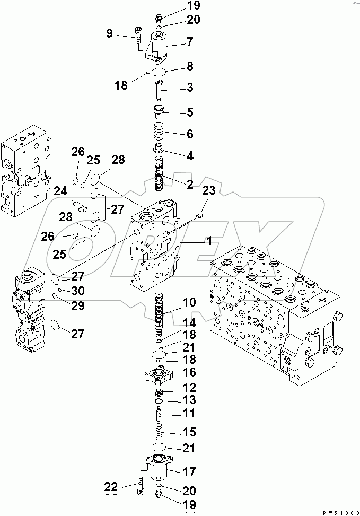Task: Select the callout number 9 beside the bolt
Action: (109, 34)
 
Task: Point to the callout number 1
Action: (209, 241)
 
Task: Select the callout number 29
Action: (77, 307)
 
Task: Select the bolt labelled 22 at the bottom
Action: (140, 486)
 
